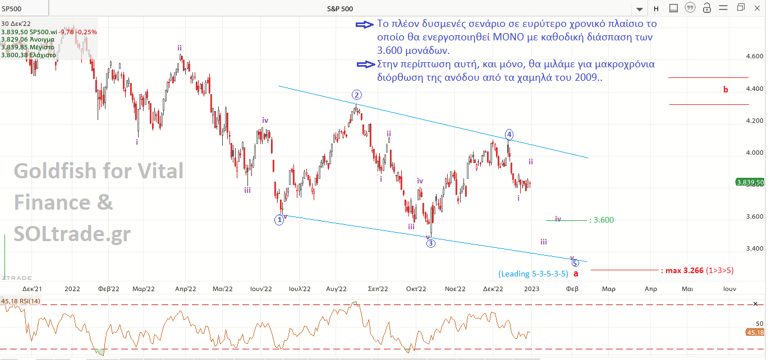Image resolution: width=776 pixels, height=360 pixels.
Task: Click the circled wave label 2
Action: [x=356, y=94]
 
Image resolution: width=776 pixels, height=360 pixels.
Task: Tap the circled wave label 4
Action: [x=509, y=134]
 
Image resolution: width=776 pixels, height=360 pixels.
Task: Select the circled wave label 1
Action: [x=279, y=220]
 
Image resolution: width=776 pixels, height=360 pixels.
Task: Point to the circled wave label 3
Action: [x=430, y=243]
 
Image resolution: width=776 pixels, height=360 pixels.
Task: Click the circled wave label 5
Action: [x=575, y=262]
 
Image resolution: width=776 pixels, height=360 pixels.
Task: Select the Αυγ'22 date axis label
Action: [x=335, y=289]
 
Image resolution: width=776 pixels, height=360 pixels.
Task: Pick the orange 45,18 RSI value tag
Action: [x=754, y=333]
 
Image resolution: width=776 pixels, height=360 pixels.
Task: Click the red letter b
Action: [x=726, y=89]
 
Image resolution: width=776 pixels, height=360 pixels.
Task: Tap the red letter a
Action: [x=576, y=273]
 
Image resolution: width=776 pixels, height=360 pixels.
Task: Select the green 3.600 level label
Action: [x=604, y=220]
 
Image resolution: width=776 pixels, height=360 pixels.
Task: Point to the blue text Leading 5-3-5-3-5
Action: [x=534, y=274]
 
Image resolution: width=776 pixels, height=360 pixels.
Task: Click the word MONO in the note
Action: [x=509, y=36]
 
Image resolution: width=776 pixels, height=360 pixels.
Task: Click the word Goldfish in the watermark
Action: [x=57, y=170]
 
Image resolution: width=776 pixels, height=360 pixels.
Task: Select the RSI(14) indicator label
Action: [x=24, y=302]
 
